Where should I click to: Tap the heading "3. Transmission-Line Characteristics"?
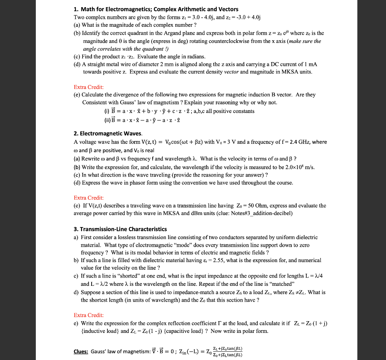120,229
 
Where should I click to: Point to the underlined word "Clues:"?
81,351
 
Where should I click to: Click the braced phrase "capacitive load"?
180,331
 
